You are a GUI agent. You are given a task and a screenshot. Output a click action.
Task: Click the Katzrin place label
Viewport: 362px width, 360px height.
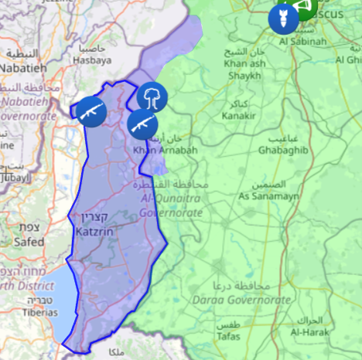[x=96, y=230]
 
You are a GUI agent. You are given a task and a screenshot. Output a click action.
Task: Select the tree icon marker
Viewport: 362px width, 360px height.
[x=152, y=97]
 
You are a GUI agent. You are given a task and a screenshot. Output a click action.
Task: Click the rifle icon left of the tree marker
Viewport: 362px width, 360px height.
[x=90, y=111]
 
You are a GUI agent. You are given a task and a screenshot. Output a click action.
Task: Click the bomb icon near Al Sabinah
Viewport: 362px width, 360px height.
[x=282, y=18]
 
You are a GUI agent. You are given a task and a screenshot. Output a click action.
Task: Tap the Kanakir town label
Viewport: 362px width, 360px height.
[x=239, y=117]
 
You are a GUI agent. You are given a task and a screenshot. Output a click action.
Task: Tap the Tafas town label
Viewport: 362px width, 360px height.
[x=227, y=337]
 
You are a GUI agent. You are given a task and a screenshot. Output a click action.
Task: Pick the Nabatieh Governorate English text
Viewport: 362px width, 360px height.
[x=29, y=108]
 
